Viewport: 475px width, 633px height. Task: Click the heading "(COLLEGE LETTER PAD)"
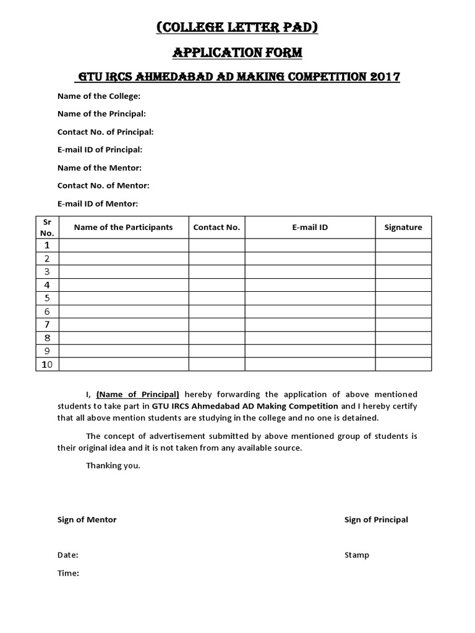click(x=237, y=27)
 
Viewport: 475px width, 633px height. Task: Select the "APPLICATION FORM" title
click(x=237, y=53)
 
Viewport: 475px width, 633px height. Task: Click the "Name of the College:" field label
click(x=99, y=96)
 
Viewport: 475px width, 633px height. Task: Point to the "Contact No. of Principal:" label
click(x=105, y=132)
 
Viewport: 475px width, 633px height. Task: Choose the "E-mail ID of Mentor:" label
click(x=98, y=203)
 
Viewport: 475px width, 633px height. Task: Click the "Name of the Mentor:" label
click(x=100, y=168)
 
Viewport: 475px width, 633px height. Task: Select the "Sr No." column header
click(x=47, y=227)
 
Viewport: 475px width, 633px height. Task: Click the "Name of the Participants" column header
click(x=124, y=227)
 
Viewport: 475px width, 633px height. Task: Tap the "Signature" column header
click(x=403, y=227)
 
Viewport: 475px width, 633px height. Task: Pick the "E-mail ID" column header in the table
click(x=310, y=227)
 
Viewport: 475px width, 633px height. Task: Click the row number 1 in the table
click(x=47, y=245)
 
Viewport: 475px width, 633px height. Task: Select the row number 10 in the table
click(x=47, y=365)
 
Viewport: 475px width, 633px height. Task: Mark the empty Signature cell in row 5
click(x=403, y=298)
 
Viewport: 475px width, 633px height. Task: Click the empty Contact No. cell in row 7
click(x=216, y=325)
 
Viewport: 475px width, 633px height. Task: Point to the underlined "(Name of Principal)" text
click(x=138, y=394)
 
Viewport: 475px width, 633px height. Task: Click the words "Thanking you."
click(x=113, y=465)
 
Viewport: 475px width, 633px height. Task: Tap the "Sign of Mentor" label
click(x=87, y=519)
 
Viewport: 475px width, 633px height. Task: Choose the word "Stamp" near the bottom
click(x=357, y=555)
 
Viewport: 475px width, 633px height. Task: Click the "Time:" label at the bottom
click(x=68, y=573)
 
